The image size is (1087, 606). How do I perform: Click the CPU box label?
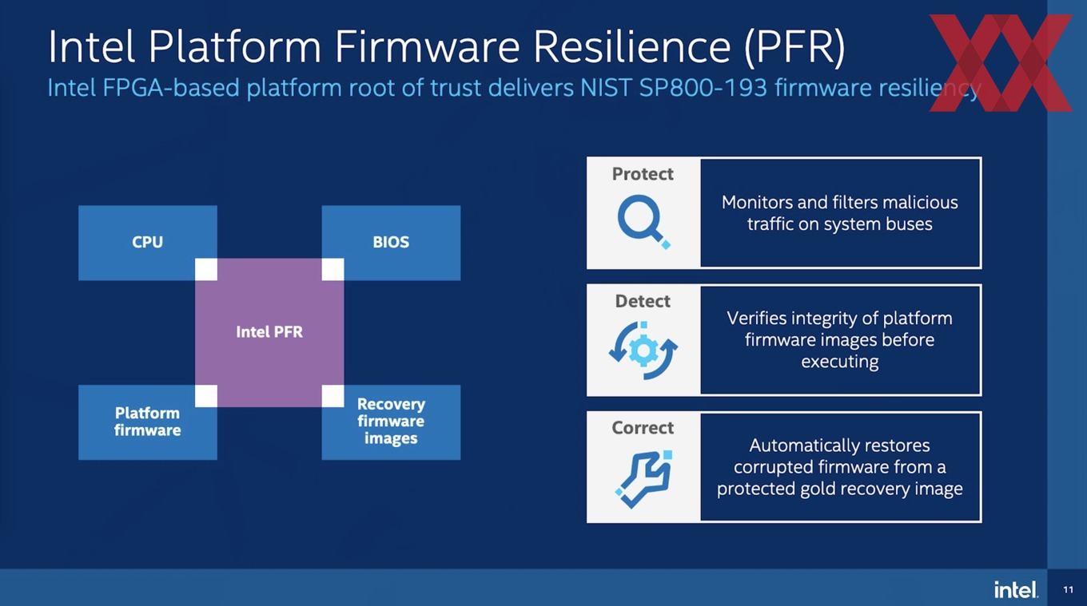(148, 242)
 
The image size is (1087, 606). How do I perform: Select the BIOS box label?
(391, 242)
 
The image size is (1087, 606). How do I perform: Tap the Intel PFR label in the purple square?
(269, 332)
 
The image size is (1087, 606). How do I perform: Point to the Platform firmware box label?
(148, 422)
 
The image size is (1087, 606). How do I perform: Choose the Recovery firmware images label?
(391, 422)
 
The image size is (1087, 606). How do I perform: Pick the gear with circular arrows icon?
(643, 350)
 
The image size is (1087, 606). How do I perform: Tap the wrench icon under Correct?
(643, 479)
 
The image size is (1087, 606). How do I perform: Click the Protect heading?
(643, 174)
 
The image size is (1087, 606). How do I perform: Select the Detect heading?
(643, 301)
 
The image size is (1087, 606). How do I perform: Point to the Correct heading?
(643, 428)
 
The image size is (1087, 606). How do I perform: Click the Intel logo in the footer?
(1016, 589)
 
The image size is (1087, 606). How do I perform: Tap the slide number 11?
(1068, 590)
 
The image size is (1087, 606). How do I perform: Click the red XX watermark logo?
(1001, 62)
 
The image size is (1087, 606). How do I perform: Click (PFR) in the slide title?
(794, 48)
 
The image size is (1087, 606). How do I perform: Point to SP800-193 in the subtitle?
(703, 88)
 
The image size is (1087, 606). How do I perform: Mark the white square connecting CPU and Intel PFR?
(205, 270)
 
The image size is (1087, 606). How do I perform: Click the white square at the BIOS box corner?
(332, 270)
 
